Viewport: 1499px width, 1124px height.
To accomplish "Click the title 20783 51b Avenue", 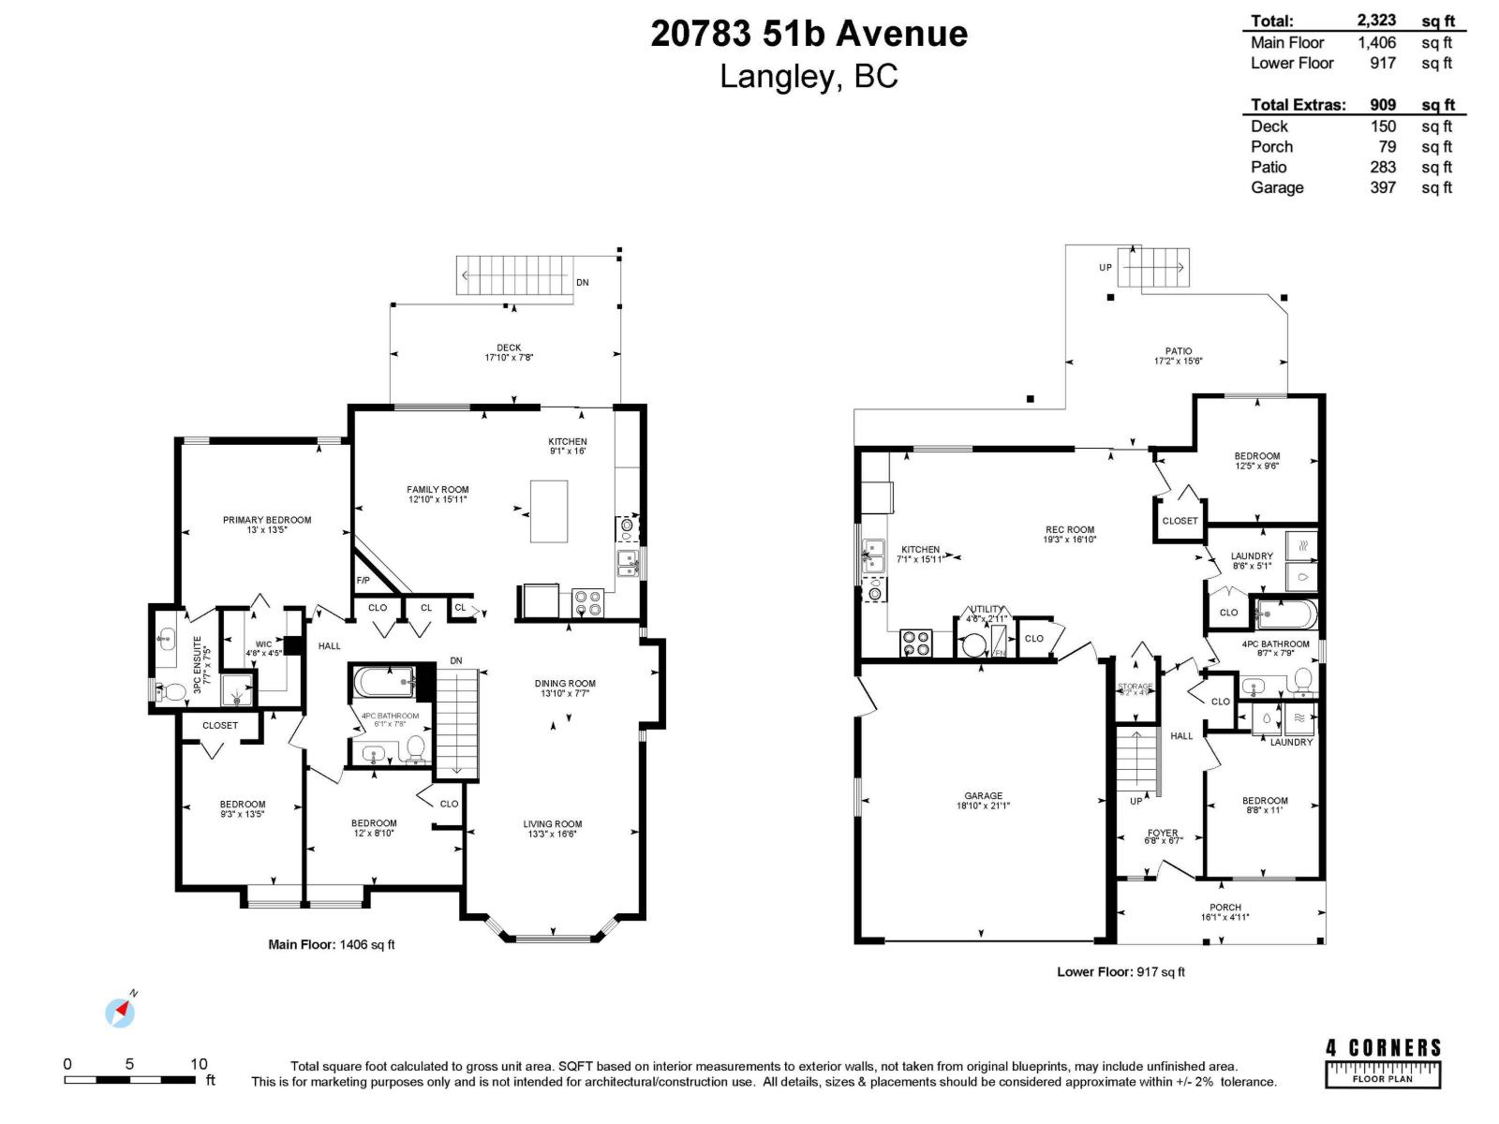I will pos(809,34).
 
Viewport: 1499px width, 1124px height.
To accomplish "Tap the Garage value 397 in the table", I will pos(1382,187).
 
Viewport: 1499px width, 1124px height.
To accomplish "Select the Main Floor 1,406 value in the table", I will pos(1376,42).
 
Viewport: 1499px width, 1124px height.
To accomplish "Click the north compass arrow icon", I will pos(120,1012).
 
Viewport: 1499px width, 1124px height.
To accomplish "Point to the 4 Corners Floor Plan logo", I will pos(1383,1062).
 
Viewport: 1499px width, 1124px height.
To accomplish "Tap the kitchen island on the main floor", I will pos(549,510).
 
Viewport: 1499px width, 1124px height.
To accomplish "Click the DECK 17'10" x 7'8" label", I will pos(509,352).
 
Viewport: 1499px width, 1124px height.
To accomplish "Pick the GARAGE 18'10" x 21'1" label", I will pos(983,800).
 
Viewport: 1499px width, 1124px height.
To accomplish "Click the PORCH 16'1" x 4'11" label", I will pos(1224,911).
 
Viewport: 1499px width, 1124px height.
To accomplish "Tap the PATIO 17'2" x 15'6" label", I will pos(1179,356).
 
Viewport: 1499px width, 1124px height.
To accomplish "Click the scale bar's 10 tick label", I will pos(199,1064).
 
